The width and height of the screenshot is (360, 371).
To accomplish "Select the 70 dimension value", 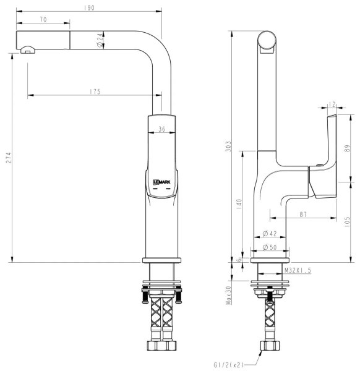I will (43, 20).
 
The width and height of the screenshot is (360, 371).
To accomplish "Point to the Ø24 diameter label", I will (100, 42).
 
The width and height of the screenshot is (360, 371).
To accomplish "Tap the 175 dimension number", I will (95, 92).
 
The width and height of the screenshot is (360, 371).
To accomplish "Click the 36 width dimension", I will (161, 129).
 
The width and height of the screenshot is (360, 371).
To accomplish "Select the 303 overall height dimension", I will (228, 147).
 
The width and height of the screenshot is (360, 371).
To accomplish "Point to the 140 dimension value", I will (238, 205).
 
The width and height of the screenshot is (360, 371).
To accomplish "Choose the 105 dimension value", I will (347, 221).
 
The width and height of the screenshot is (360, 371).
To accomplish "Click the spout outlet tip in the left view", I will (27, 49).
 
